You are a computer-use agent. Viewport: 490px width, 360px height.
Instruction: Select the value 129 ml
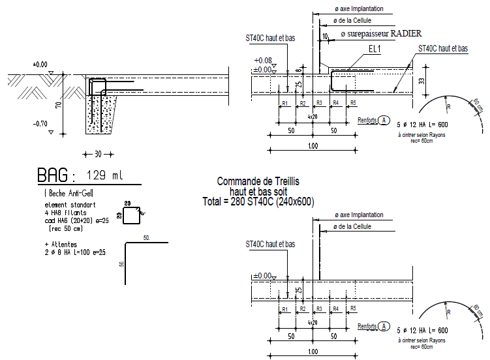click(104, 176)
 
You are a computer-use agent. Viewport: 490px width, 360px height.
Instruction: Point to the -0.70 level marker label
click(40, 123)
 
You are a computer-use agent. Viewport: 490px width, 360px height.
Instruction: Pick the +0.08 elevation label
click(264, 61)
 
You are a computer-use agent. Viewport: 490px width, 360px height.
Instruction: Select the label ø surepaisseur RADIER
click(381, 33)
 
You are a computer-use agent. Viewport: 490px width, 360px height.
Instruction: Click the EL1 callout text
click(375, 49)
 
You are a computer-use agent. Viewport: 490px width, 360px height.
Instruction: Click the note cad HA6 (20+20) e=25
click(73, 220)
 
